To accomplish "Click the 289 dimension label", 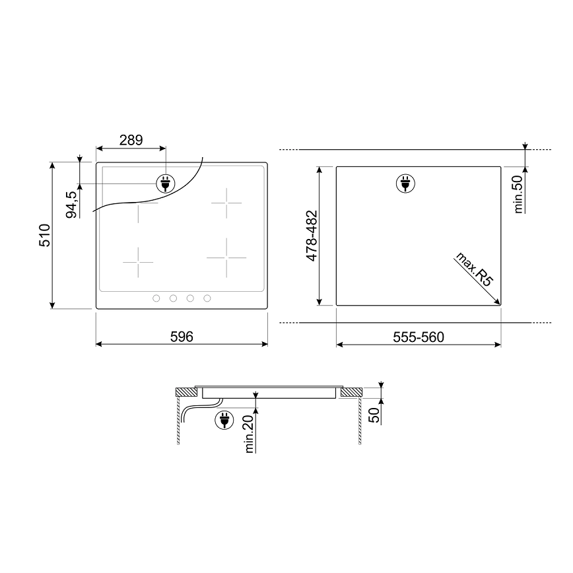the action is click(x=131, y=140).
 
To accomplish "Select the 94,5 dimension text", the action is click(x=71, y=205).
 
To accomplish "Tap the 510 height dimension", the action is click(x=45, y=235).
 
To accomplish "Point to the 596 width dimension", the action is click(x=182, y=337).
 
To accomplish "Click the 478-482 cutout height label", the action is click(x=312, y=236).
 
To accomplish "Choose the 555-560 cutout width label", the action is click(x=419, y=337).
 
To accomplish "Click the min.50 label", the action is click(x=518, y=194).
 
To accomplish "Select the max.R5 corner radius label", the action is click(x=474, y=269).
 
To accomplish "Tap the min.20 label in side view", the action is click(x=250, y=434).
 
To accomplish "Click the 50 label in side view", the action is click(x=374, y=415).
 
